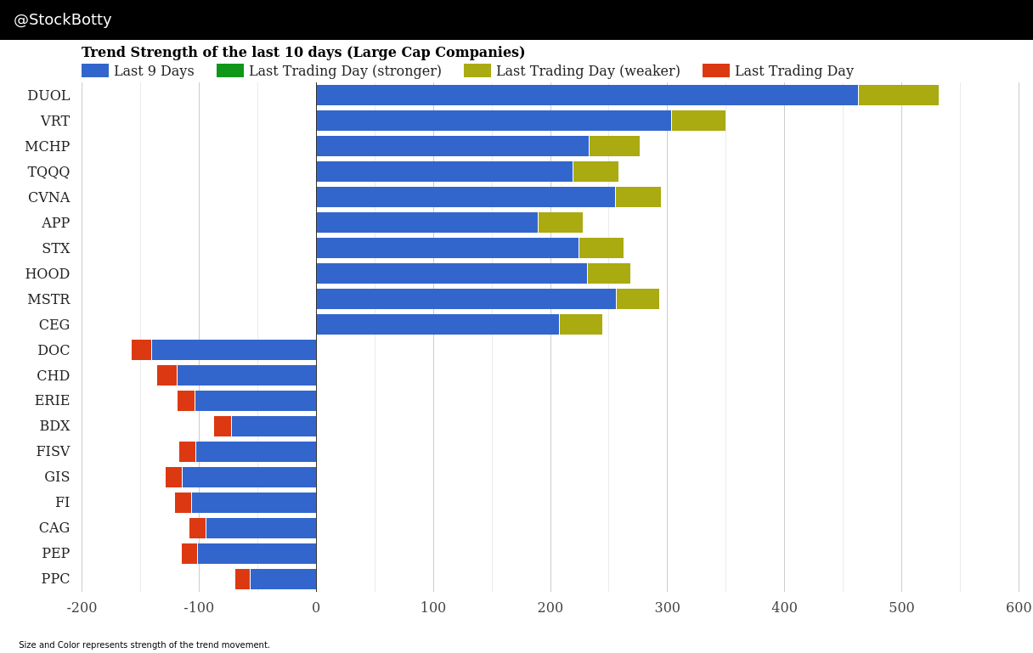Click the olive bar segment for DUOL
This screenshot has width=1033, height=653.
coord(898,95)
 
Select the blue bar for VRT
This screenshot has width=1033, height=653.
coord(494,121)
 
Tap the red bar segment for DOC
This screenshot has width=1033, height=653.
coord(141,350)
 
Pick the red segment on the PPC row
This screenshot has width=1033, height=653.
coord(242,579)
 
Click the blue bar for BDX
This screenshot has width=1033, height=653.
coord(274,426)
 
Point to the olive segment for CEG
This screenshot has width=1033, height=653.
coord(580,324)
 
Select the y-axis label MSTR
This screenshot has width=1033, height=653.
coord(48,299)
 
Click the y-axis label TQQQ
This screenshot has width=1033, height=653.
coord(48,172)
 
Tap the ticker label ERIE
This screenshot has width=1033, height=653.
coord(52,400)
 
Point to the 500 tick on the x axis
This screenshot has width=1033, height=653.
coord(901,607)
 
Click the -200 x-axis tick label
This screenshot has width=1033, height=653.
coord(82,607)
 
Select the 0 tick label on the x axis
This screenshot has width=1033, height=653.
coord(316,607)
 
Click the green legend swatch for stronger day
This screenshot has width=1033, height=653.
coord(230,70)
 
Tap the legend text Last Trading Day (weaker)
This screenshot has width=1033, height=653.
coord(588,70)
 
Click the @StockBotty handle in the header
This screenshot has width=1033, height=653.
coord(63,20)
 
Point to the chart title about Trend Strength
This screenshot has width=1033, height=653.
coord(303,53)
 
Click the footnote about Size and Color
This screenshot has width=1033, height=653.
coord(144,645)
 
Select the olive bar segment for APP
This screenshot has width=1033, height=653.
coord(560,222)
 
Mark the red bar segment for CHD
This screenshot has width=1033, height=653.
coord(167,375)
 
